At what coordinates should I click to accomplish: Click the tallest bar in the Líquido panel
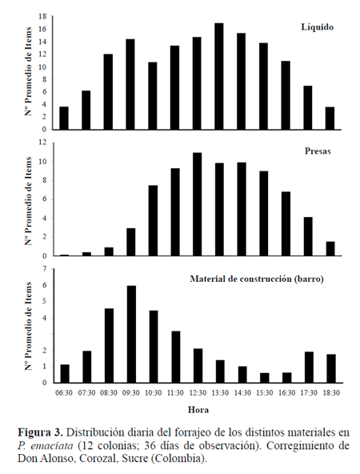click(218, 77)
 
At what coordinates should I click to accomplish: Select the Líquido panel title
click(317, 27)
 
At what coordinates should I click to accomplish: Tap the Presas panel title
click(318, 151)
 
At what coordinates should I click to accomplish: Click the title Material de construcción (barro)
click(257, 279)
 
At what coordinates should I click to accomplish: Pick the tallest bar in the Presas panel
click(198, 204)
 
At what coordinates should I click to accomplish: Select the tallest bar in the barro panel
click(131, 335)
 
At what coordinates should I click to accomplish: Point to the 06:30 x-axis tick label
click(64, 393)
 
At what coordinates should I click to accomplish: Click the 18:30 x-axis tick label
click(331, 393)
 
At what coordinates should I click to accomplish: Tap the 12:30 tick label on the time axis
click(198, 393)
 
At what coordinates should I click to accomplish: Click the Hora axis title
click(198, 410)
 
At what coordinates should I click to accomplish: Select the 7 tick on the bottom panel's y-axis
click(45, 269)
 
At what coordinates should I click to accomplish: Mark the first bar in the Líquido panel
click(64, 118)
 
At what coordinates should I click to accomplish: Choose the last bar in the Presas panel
click(330, 249)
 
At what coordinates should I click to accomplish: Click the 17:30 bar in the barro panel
click(309, 368)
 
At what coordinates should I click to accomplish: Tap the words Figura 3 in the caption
click(40, 432)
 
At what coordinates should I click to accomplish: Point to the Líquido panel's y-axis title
click(29, 71)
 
